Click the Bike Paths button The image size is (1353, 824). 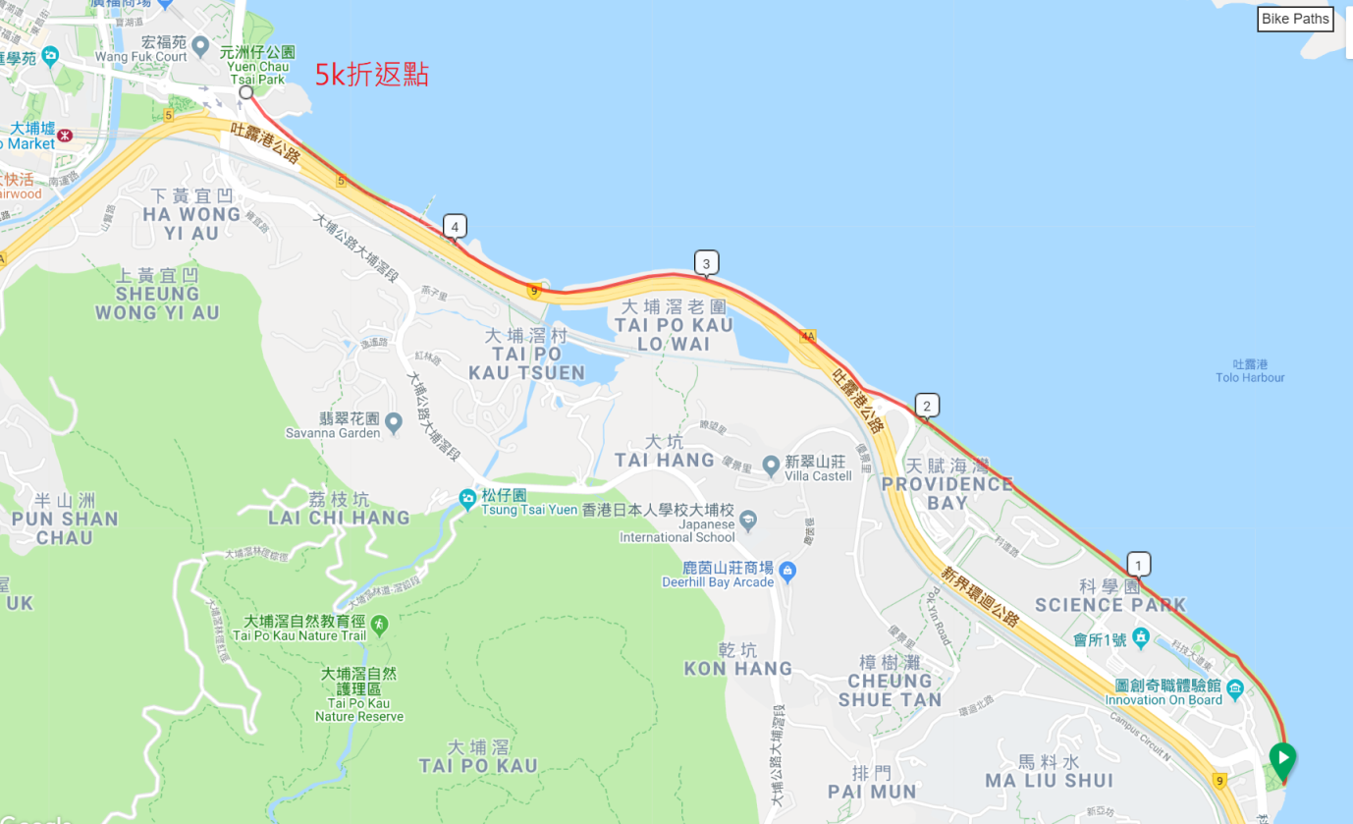[x=1295, y=19]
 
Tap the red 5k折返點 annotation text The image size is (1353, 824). [x=371, y=75]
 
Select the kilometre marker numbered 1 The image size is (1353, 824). [x=1138, y=565]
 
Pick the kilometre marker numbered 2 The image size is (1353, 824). [x=926, y=406]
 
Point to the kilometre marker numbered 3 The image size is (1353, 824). [x=706, y=263]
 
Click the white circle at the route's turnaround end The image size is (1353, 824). [x=246, y=92]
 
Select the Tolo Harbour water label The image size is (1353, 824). [x=1250, y=371]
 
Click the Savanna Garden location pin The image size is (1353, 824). [x=394, y=423]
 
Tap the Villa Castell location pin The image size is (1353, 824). [x=771, y=464]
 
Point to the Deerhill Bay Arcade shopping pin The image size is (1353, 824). [x=786, y=571]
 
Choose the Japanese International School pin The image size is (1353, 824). [x=748, y=519]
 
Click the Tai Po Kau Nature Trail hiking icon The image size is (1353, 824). [x=379, y=625]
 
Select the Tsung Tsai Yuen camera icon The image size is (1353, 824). [x=467, y=499]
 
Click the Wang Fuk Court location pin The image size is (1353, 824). [x=200, y=45]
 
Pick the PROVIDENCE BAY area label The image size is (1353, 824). [x=947, y=483]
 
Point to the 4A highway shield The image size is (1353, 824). [x=808, y=336]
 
